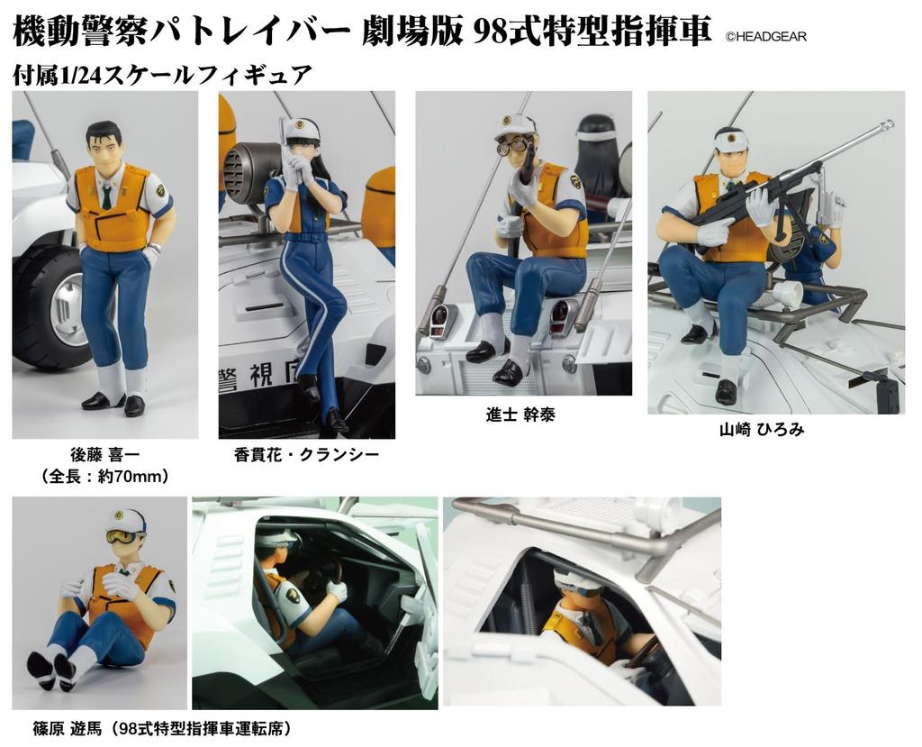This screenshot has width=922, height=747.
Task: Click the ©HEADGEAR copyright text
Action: click(765, 37)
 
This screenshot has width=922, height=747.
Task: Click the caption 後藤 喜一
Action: click(104, 455)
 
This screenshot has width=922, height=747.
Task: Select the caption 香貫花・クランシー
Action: click(306, 455)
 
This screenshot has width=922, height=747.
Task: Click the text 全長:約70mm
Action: click(105, 476)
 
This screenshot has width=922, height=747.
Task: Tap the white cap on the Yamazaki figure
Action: click(732, 138)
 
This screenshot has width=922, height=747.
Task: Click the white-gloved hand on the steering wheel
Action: click(337, 590)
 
